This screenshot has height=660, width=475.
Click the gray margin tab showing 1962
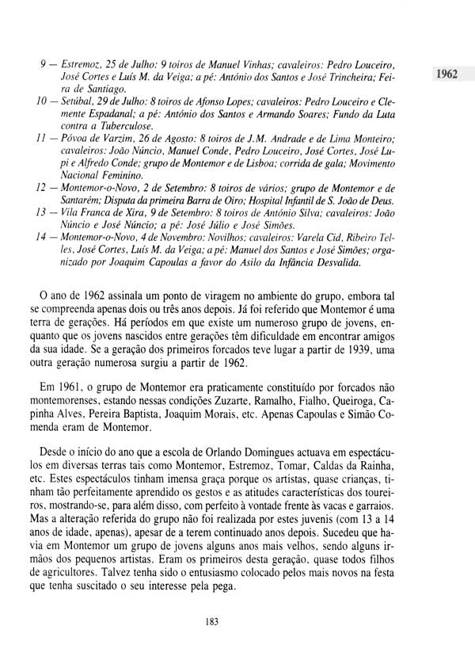point(446,74)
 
